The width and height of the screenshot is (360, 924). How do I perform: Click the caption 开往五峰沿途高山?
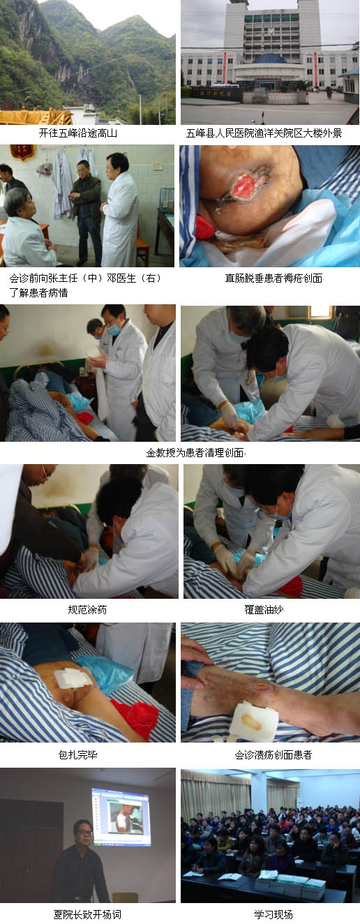pos(78,133)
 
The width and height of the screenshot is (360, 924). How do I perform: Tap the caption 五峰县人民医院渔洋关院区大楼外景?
pos(264,133)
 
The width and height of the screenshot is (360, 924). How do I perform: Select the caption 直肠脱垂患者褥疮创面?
pos(273,278)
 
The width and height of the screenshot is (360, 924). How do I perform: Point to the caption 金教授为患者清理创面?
pos(195,453)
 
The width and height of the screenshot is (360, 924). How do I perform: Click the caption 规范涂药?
pos(87,609)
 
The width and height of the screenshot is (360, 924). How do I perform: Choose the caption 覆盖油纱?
pos(264,609)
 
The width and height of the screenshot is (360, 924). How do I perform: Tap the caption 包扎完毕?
pos(78,754)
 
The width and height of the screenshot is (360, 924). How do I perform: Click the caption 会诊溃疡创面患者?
pos(273,754)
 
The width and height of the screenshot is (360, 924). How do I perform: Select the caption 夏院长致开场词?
pos(87,914)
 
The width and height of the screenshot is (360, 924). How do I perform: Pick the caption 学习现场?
pos(273,914)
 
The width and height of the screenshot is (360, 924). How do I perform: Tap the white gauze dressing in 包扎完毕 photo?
pos(73,678)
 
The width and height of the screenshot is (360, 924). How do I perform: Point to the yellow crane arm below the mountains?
pos(36,117)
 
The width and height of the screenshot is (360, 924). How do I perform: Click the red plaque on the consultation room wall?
pos(23,152)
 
